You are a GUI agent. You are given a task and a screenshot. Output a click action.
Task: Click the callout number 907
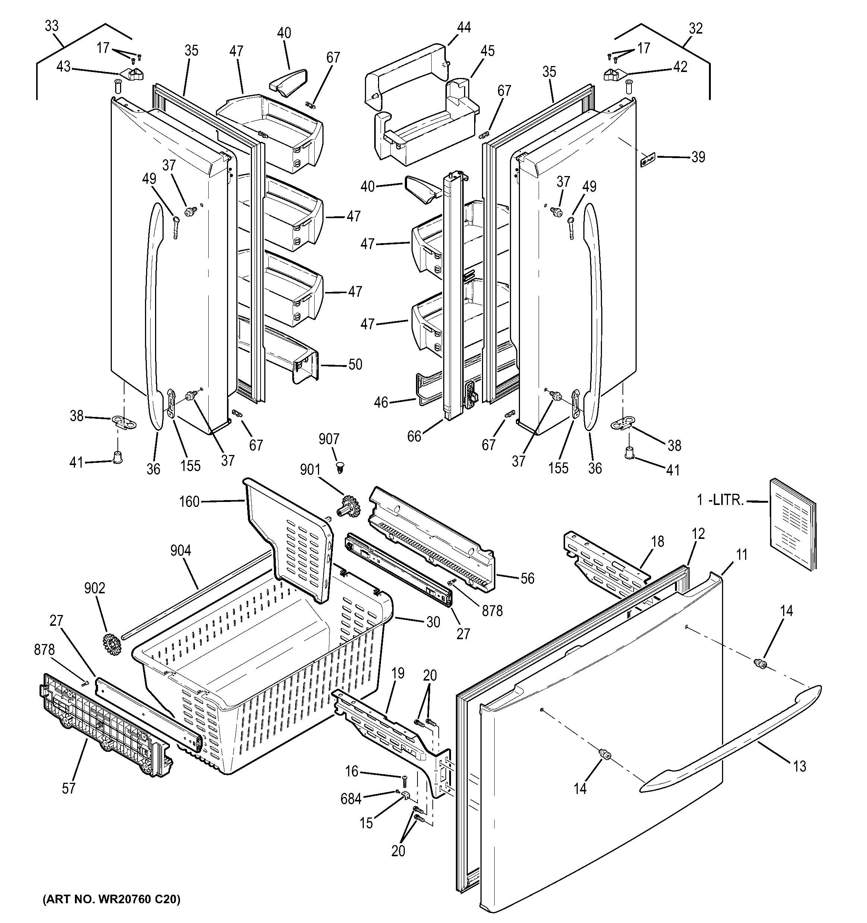pos(329,439)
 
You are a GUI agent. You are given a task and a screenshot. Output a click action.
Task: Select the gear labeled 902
pos(110,644)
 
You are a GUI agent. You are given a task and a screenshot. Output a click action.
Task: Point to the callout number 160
pos(189,502)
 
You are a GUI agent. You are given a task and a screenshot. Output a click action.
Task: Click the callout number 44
pos(463,28)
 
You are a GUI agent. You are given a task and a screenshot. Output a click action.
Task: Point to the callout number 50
pos(355,364)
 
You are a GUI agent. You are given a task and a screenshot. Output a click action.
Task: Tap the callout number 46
pos(381,402)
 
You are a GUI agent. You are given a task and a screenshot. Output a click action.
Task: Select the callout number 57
pos(69,788)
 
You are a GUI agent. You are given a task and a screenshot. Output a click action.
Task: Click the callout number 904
pos(180,551)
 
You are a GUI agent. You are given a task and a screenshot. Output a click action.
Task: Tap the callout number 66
pos(414,436)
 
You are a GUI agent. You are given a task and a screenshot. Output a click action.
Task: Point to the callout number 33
pos(51,26)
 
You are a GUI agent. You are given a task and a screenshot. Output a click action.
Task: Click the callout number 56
pos(527,578)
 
